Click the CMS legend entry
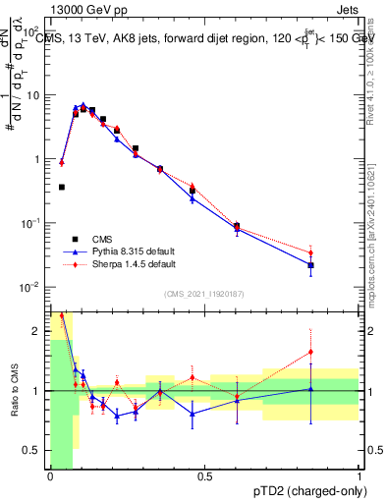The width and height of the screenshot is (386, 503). (x=102, y=239)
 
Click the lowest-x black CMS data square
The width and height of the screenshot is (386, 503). (x=61, y=187)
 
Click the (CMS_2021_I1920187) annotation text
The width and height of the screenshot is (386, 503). (x=204, y=293)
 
